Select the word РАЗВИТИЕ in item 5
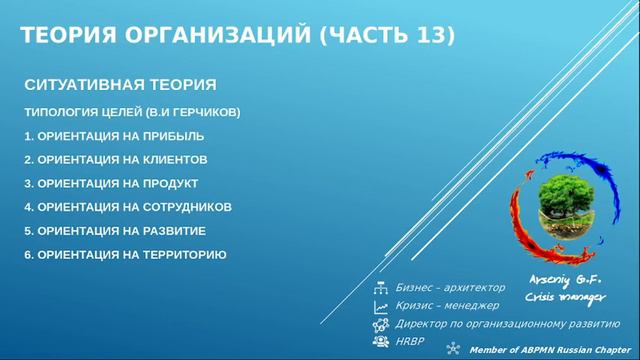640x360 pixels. [x=172, y=231]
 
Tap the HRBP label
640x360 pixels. [x=410, y=341]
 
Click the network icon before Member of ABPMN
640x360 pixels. [x=453, y=349]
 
